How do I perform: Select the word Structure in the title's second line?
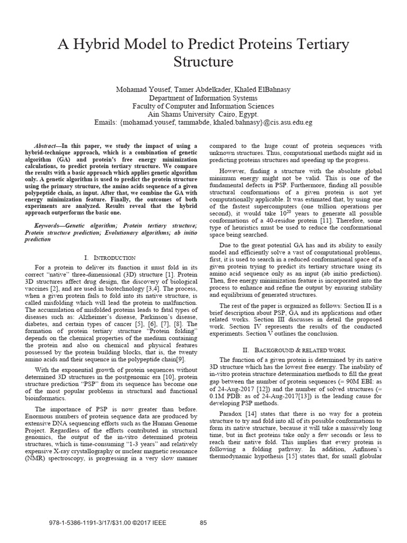click(203, 62)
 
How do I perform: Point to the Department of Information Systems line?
click(203, 98)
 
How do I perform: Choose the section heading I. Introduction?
click(110, 257)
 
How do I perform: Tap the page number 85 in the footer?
click(203, 522)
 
